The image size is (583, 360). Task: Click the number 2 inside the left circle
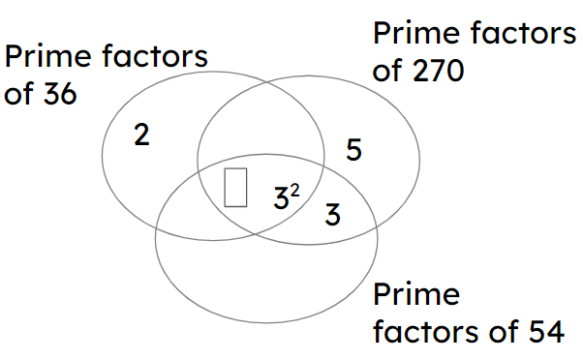(x=141, y=135)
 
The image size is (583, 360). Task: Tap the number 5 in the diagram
(x=354, y=150)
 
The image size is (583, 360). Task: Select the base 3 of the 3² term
(x=281, y=199)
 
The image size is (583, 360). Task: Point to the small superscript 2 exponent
(x=294, y=191)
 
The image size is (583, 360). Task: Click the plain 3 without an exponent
(x=332, y=214)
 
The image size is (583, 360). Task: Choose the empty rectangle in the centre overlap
(x=235, y=187)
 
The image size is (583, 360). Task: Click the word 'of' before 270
(x=388, y=72)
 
